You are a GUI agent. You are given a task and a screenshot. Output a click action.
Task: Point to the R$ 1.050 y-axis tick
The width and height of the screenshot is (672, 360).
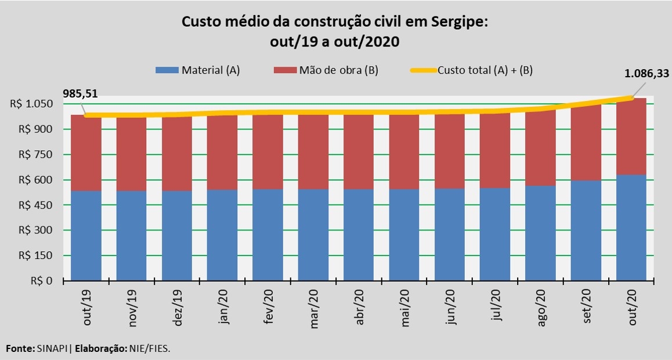[x=35, y=104]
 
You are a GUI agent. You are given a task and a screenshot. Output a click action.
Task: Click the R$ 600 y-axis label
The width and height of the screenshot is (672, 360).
[x=40, y=180]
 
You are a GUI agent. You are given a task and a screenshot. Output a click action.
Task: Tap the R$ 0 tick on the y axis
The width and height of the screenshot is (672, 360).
[x=44, y=281]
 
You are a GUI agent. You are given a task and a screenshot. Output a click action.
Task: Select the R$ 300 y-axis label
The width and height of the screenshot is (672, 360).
[x=40, y=231]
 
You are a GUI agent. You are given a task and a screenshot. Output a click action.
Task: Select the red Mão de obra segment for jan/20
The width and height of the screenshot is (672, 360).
[x=222, y=152]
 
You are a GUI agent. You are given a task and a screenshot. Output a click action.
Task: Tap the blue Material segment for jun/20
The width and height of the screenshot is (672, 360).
[x=450, y=235]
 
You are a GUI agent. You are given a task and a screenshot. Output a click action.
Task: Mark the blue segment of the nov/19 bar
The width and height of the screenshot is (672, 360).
[x=131, y=236]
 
